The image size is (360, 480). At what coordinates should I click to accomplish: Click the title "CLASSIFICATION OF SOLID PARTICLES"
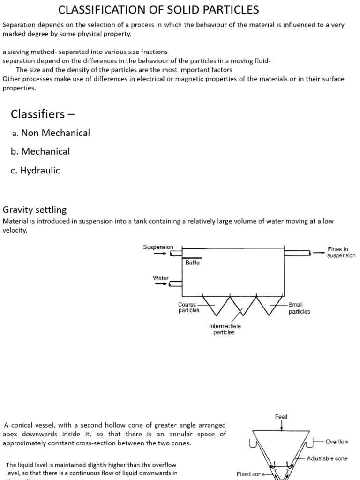(x=158, y=10)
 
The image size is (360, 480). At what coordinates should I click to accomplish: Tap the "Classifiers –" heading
(x=43, y=114)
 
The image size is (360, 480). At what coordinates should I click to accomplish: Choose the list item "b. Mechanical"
(x=40, y=151)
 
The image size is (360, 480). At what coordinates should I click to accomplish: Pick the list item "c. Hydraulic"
(x=36, y=171)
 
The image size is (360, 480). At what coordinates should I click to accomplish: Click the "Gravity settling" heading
(x=35, y=210)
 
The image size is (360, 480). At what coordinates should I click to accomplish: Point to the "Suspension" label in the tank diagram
(x=158, y=247)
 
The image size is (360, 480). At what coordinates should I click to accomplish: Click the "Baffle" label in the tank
(x=192, y=263)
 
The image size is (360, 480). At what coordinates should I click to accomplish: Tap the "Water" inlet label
(x=160, y=278)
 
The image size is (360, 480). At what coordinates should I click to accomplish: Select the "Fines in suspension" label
(x=341, y=253)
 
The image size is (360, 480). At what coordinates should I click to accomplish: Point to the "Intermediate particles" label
(x=225, y=329)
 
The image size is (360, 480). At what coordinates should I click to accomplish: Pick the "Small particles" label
(x=299, y=308)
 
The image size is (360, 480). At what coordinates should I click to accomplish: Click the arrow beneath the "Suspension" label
(x=160, y=254)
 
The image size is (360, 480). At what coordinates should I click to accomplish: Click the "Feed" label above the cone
(x=281, y=416)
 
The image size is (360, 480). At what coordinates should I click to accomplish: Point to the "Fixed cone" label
(x=251, y=474)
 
